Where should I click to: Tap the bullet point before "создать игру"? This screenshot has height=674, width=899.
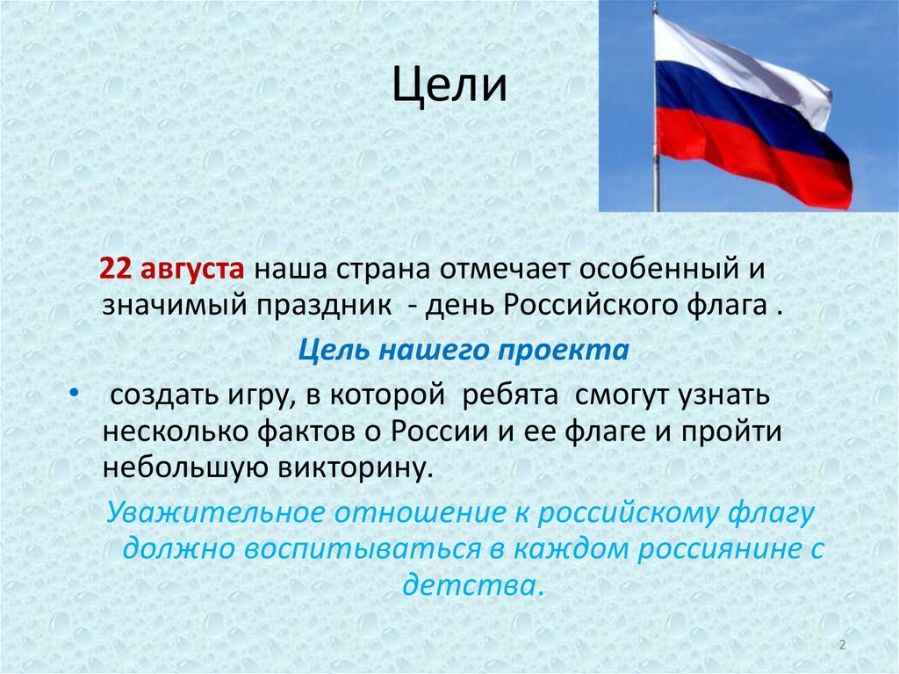coord(73,391)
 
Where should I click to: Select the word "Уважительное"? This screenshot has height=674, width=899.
coord(204,511)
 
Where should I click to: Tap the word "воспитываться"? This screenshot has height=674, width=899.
coord(362,550)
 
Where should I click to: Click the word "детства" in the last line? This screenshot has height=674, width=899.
coord(472,585)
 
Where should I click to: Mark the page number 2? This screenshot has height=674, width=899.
coord(842,646)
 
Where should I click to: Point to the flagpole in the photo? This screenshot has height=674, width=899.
coord(655,176)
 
